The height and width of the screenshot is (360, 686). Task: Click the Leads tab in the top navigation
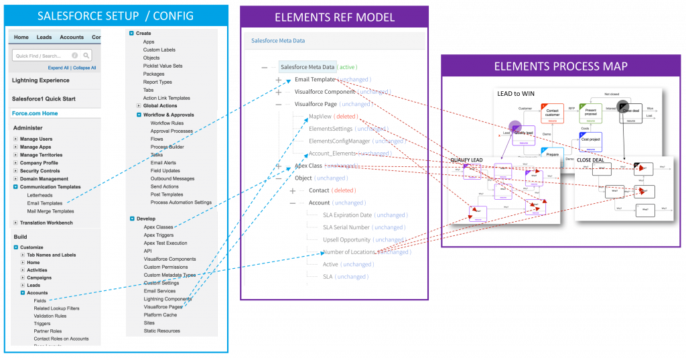[x=44, y=38]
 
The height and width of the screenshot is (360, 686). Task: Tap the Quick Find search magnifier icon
[x=86, y=56]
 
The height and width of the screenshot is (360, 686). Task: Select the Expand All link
[x=58, y=68]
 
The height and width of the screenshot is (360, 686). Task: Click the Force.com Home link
[x=35, y=113]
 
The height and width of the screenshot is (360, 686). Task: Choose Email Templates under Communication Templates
[x=44, y=203]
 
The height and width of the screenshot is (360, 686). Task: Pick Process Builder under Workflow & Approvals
[x=167, y=147]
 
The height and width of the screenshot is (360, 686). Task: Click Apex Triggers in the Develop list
[x=159, y=235]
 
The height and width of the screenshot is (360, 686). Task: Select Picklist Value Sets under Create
[x=162, y=66]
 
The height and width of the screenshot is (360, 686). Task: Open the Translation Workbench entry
[x=46, y=223]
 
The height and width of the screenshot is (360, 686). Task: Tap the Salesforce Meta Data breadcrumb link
[x=278, y=41]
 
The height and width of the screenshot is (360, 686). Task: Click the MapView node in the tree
[x=320, y=117]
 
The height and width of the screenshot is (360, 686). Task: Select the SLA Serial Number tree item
[x=346, y=227]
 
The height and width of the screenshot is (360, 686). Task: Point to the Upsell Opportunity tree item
[x=347, y=239]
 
